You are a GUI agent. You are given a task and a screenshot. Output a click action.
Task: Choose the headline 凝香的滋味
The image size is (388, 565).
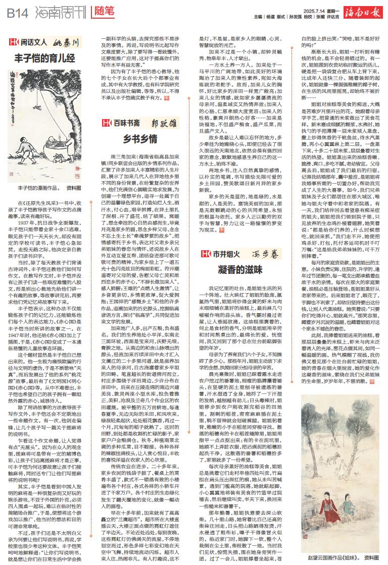point(242,268)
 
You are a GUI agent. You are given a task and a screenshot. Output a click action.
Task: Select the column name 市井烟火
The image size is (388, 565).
point(226,254)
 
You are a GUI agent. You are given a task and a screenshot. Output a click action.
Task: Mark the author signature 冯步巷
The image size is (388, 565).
point(265,254)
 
